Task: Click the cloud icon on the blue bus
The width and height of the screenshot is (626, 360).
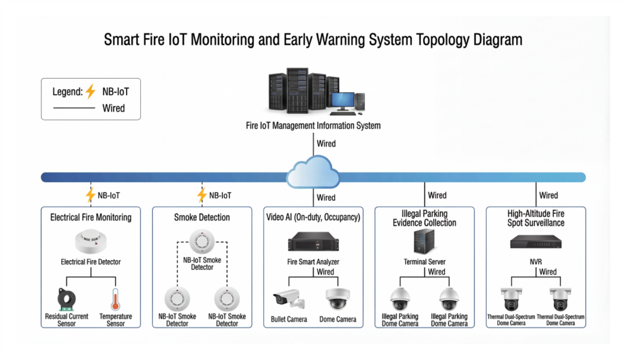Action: point(313,172)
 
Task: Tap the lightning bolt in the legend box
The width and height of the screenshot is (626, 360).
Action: point(90,91)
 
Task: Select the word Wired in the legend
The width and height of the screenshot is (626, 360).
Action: point(114,108)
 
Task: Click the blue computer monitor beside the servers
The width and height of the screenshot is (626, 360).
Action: point(343,101)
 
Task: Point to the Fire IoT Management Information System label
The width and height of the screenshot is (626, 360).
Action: point(313,126)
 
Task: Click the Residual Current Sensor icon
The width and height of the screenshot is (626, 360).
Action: point(66,299)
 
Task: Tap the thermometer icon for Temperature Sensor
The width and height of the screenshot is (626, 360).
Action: point(115,299)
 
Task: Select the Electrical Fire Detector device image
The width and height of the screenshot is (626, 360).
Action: point(91,241)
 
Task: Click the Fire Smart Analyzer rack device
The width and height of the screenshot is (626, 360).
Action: point(313,241)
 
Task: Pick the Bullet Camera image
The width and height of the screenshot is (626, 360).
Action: point(289,299)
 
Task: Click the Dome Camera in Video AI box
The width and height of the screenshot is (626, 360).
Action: point(338,299)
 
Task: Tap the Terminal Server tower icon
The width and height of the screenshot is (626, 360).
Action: point(424,241)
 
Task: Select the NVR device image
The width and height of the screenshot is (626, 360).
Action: point(536,242)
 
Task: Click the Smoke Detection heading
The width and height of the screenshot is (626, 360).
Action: point(202,217)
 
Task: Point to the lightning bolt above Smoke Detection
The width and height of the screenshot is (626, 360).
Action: point(202,195)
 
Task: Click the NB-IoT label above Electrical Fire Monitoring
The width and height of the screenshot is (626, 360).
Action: point(109,195)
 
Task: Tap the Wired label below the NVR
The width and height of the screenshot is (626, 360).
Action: point(548,272)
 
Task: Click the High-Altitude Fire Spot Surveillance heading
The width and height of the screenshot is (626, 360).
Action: point(536,218)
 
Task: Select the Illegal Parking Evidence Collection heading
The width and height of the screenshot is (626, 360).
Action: point(424,218)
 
